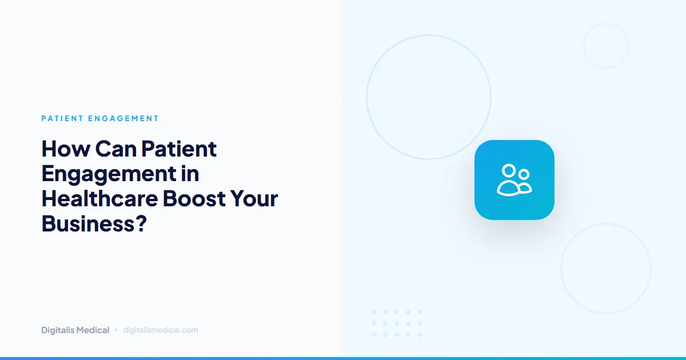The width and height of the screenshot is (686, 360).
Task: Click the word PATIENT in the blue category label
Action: (63, 119)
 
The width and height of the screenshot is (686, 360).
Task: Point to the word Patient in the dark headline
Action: (179, 149)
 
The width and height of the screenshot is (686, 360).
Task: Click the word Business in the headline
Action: (85, 223)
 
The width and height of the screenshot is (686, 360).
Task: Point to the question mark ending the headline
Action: (141, 223)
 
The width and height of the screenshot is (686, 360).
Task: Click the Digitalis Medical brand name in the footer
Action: (75, 330)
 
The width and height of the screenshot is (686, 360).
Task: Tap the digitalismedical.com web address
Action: (161, 330)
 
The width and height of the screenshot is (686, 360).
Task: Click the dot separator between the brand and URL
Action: (116, 330)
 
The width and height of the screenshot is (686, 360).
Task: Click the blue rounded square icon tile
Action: (514, 180)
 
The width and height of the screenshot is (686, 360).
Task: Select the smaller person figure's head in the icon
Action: (524, 174)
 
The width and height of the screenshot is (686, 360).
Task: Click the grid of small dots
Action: (397, 323)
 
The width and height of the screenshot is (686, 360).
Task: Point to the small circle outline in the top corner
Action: (605, 46)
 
